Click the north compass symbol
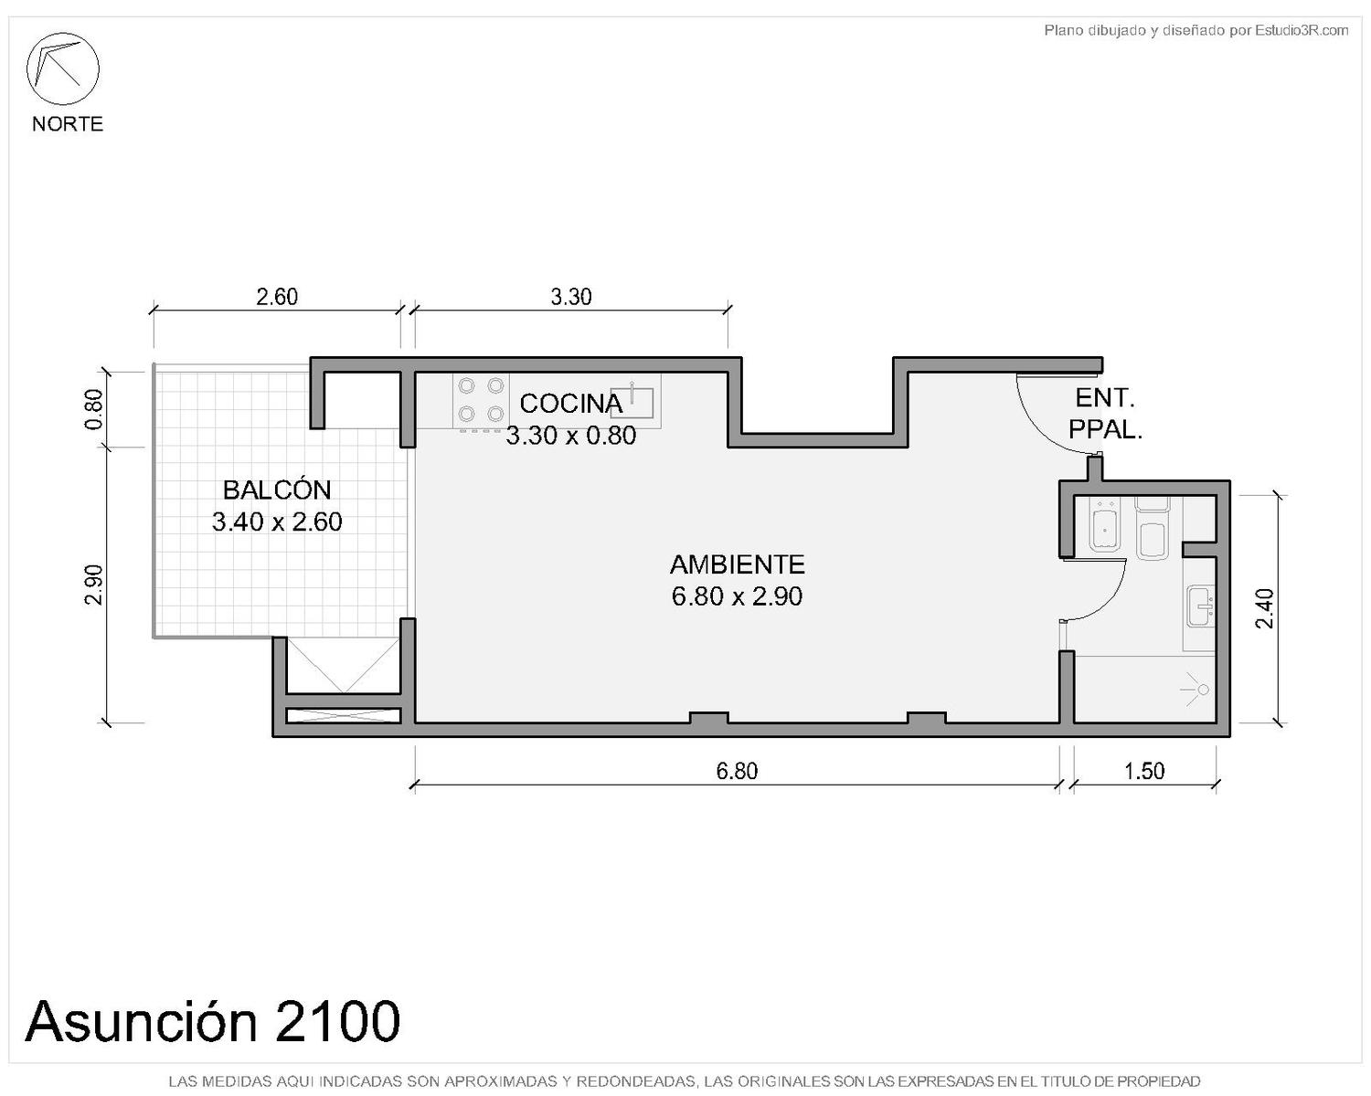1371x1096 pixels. tap(62, 68)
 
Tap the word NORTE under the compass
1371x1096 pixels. tap(68, 123)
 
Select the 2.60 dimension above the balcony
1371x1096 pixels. tap(277, 297)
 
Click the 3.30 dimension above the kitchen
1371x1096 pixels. tap(571, 297)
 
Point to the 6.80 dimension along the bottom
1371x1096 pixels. tap(737, 771)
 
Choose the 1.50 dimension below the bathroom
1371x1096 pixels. tap(1144, 771)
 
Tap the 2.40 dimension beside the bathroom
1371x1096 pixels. tap(1264, 608)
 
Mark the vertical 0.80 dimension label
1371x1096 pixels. tap(93, 409)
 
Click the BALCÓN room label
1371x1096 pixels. tap(277, 490)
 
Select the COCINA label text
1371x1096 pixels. tap(571, 404)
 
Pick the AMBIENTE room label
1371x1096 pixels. tap(737, 564)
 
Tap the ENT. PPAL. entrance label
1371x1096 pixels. tap(1105, 414)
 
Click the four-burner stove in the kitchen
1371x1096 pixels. tap(481, 401)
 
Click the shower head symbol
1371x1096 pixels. tap(1196, 689)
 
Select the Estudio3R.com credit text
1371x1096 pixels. tap(1196, 30)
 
